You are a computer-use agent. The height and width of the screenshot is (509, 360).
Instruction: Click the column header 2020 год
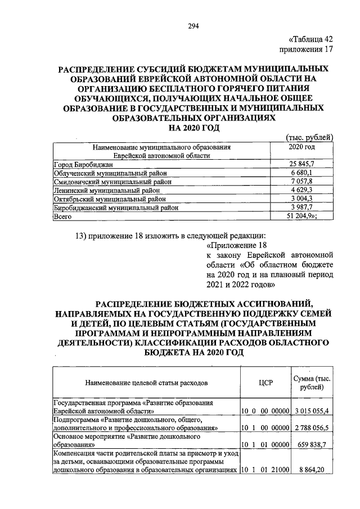tap(301, 147)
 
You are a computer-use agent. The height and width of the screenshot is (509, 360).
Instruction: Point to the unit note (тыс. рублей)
tap(310, 137)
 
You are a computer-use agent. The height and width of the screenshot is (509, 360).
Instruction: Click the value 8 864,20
tap(315, 470)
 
